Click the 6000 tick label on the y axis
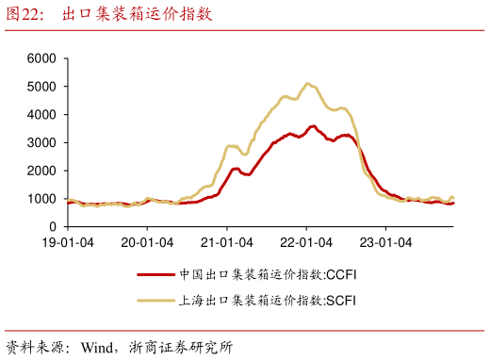pyautogui.click(x=43, y=58)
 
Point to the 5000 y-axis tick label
pyautogui.click(x=43, y=87)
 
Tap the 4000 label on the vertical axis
pyautogui.click(x=43, y=115)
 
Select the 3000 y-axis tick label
pyautogui.click(x=43, y=143)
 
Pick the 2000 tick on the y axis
pyautogui.click(x=43, y=171)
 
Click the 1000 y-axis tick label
pyautogui.click(x=43, y=199)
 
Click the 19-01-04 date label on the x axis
pyautogui.click(x=67, y=241)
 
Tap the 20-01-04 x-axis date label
pyautogui.click(x=147, y=241)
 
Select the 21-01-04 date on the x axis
pyautogui.click(x=227, y=241)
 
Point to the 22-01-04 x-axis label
pyautogui.click(x=307, y=241)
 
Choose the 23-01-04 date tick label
pyautogui.click(x=386, y=241)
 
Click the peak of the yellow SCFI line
pyautogui.click(x=308, y=84)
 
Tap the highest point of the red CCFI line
pyautogui.click(x=313, y=125)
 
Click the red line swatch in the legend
pyautogui.click(x=156, y=275)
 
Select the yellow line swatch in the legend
pyautogui.click(x=156, y=300)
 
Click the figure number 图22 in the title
pyautogui.click(x=25, y=14)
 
